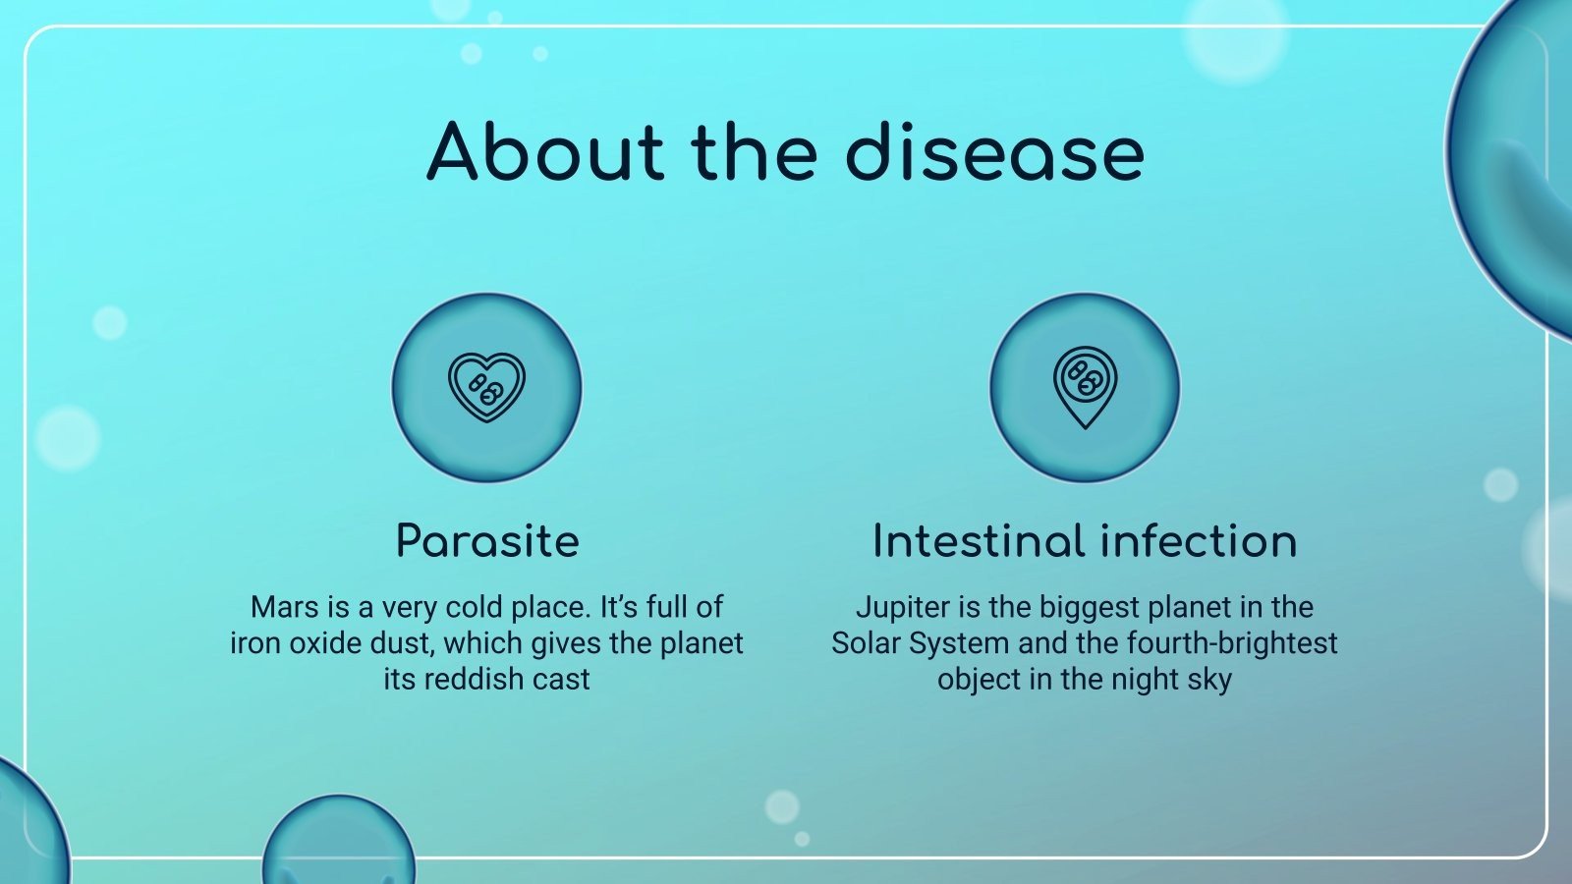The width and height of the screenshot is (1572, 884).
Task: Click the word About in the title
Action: pyautogui.click(x=545, y=152)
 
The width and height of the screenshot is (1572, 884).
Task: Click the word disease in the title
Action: pyautogui.click(x=994, y=152)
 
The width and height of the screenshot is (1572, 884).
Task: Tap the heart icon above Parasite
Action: pyautogui.click(x=486, y=387)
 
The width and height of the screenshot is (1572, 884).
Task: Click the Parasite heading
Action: pyautogui.click(x=487, y=541)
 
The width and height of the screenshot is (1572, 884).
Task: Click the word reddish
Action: pyautogui.click(x=467, y=679)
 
